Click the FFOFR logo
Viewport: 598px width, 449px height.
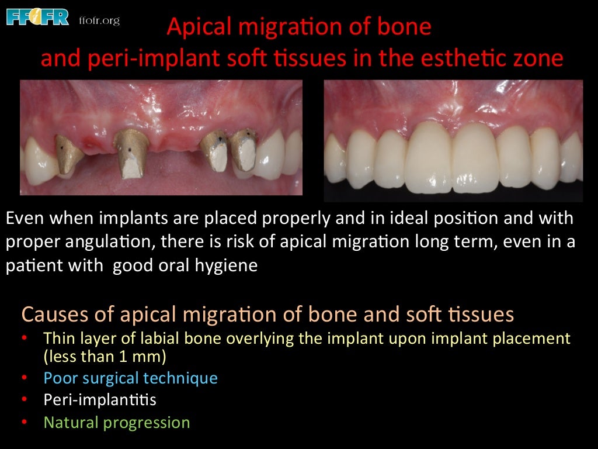click(x=37, y=17)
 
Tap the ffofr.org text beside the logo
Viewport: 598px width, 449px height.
click(x=99, y=21)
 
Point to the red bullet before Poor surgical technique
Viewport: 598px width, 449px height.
click(x=24, y=378)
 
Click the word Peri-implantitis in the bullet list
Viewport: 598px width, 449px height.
click(x=100, y=400)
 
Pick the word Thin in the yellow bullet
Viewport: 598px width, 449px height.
click(x=57, y=339)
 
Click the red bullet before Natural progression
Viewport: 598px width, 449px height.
click(x=24, y=422)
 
